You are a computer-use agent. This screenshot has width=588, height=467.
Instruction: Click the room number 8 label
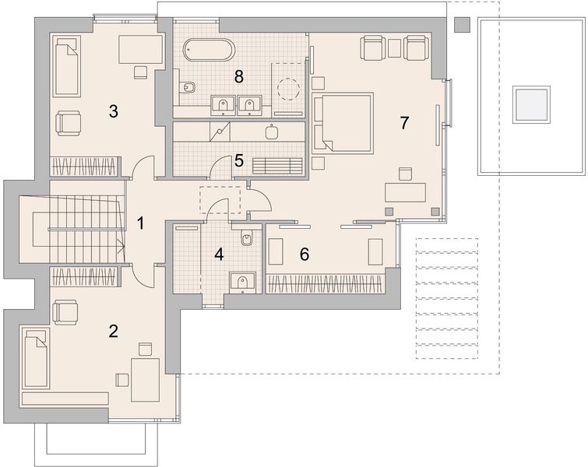click(x=238, y=77)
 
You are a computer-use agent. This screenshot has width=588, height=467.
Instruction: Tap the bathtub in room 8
click(x=209, y=50)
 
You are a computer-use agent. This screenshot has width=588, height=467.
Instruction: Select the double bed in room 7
click(x=343, y=123)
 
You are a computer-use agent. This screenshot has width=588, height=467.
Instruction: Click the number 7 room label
click(x=404, y=122)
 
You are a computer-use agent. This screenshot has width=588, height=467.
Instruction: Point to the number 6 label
click(x=305, y=254)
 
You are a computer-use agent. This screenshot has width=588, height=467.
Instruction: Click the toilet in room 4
click(x=246, y=237)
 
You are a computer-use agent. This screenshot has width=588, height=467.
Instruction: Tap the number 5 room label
click(x=239, y=160)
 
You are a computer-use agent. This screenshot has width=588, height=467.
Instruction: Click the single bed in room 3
click(x=67, y=66)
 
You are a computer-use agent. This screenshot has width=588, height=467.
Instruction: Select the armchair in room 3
click(x=69, y=123)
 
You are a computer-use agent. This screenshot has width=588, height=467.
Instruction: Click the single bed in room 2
click(x=36, y=359)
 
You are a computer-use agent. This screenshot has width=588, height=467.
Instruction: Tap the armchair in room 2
click(x=65, y=312)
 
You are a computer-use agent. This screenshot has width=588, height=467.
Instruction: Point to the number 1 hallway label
click(x=140, y=223)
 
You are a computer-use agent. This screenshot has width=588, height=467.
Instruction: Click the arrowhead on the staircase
click(x=121, y=246)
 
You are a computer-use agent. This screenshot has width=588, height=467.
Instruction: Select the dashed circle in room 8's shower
click(x=288, y=90)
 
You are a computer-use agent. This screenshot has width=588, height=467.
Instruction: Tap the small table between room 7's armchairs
click(x=394, y=48)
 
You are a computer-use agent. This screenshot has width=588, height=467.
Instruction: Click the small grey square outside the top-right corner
click(x=462, y=24)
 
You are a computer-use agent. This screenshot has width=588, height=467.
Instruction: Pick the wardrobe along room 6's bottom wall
click(x=326, y=284)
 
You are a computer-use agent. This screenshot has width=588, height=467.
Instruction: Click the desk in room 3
click(x=141, y=49)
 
